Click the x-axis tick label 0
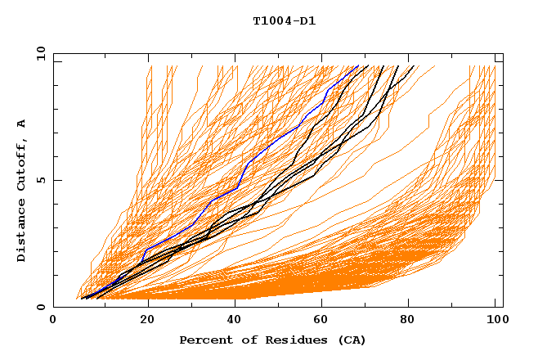pyautogui.click(x=53, y=320)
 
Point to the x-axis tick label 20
pyautogui.click(x=142, y=320)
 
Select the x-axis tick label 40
pyautogui.click(x=231, y=320)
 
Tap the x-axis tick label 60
pyautogui.click(x=320, y=320)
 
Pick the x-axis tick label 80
pyautogui.click(x=408, y=320)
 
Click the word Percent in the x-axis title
pyautogui.click(x=202, y=340)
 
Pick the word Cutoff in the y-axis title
pyautogui.click(x=21, y=164)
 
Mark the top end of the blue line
pyautogui.click(x=358, y=65)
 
